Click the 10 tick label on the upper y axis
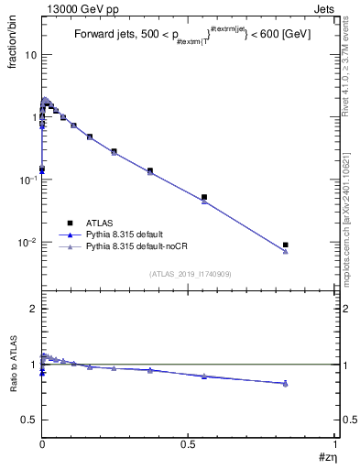pyautogui.click(x=30, y=55)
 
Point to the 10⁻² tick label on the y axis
pyautogui.click(x=27, y=243)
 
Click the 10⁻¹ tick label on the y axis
pyautogui.click(x=27, y=180)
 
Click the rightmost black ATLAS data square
pyautogui.click(x=286, y=245)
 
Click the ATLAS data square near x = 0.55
pyautogui.click(x=204, y=197)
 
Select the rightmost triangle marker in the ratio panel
pyautogui.click(x=286, y=383)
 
